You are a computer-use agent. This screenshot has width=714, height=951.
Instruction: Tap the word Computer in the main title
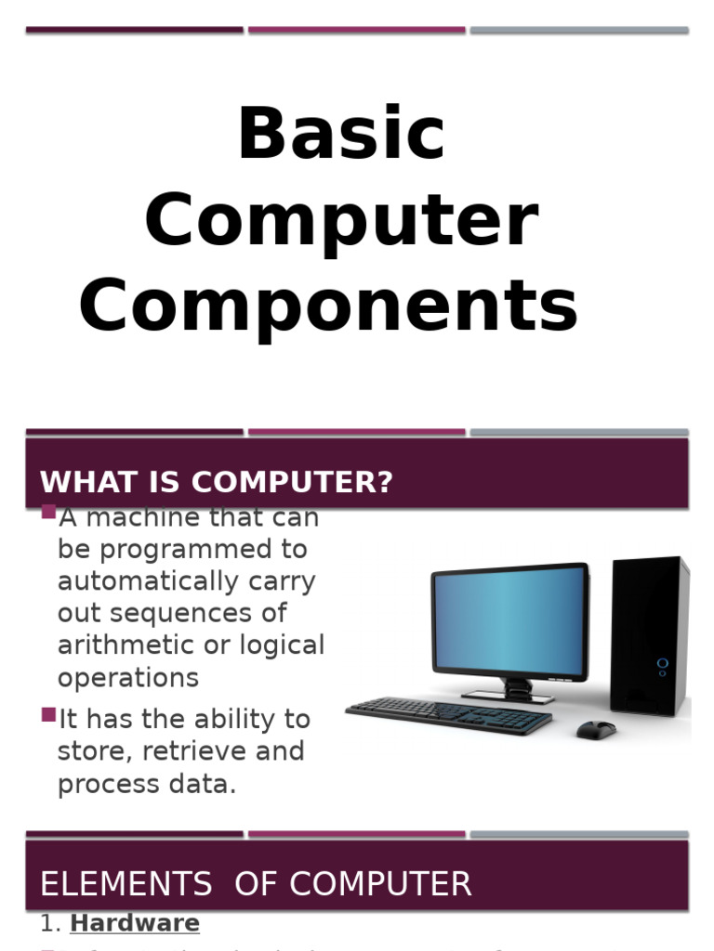pyautogui.click(x=341, y=221)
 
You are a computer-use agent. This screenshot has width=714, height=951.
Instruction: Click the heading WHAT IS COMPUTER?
pyautogui.click(x=217, y=482)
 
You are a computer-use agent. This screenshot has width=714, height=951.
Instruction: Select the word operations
pyautogui.click(x=128, y=678)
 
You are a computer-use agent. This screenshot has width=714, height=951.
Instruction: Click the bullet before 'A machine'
pyautogui.click(x=49, y=513)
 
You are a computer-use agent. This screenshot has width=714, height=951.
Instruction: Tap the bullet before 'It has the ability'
pyautogui.click(x=49, y=714)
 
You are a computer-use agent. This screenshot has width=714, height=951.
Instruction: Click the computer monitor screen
pyautogui.click(x=509, y=620)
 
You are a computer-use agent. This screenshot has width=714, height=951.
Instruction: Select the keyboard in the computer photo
pyautogui.click(x=448, y=716)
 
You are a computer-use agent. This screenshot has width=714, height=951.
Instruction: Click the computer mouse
pyautogui.click(x=596, y=730)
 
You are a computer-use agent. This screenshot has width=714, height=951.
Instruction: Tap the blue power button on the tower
pyautogui.click(x=662, y=663)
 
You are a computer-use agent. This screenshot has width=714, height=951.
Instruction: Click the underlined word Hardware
pyautogui.click(x=135, y=923)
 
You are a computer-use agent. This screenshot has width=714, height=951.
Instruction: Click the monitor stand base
pyautogui.click(x=508, y=696)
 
